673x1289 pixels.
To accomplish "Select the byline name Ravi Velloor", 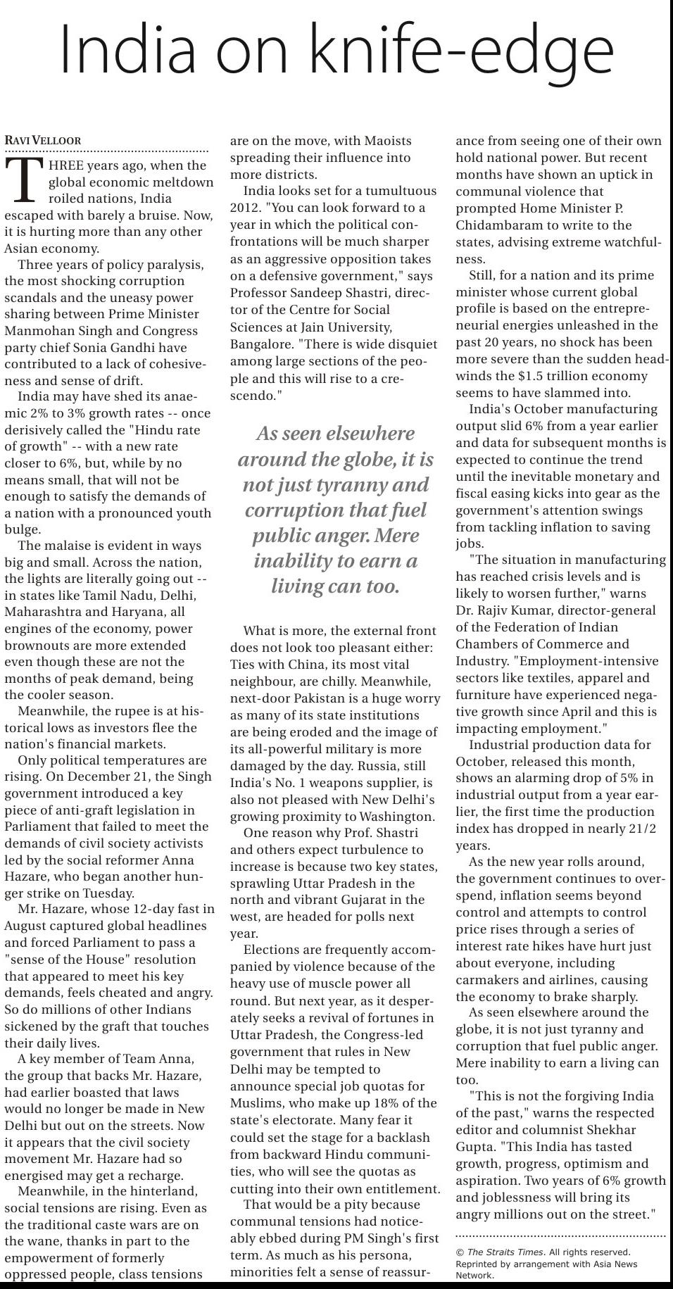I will (43, 141).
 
